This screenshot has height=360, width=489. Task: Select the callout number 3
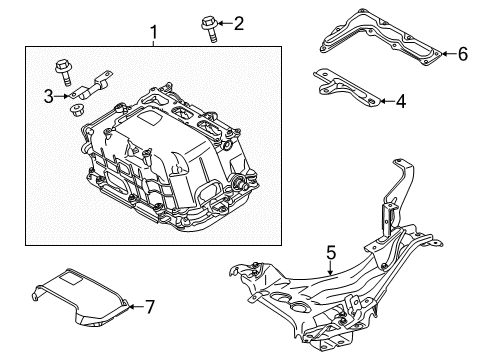pos(49,96)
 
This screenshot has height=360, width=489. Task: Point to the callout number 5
pos(331,254)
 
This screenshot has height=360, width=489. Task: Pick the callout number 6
pos(462,55)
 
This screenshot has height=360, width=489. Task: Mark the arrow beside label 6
pos(449,55)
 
